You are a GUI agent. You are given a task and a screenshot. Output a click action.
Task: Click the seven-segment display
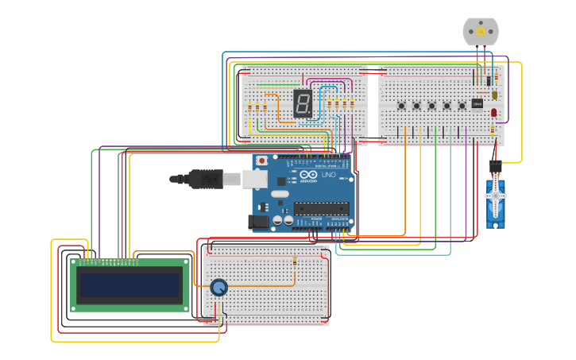tap(303, 103)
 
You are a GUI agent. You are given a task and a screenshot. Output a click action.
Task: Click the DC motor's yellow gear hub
tap(481, 32)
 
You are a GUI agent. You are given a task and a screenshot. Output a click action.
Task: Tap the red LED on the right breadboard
tap(493, 113)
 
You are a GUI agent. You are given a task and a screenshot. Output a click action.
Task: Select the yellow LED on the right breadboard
tap(494, 95)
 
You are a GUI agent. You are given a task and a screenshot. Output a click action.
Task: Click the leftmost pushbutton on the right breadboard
tap(401, 106)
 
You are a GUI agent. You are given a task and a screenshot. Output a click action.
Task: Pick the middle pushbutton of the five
tap(431, 106)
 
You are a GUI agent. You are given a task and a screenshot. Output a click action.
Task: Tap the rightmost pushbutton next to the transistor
tap(462, 106)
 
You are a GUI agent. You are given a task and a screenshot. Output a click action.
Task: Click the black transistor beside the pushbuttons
tap(477, 103)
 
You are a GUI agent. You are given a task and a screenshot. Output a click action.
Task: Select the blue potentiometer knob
tap(218, 288)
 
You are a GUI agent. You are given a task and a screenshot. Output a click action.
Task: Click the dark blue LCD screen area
tap(130, 285)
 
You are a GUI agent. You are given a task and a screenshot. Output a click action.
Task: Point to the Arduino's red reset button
tap(262, 160)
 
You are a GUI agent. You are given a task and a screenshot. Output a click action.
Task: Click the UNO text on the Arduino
tap(328, 174)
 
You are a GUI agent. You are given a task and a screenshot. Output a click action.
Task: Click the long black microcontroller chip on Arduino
tap(321, 208)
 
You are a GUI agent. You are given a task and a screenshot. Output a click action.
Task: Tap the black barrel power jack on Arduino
tap(259, 222)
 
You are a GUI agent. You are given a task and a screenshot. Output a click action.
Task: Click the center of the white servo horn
tap(496, 195)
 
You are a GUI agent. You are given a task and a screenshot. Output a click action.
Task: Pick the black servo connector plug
tap(495, 165)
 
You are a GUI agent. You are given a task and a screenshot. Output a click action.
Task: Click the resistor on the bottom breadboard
tap(295, 261)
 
